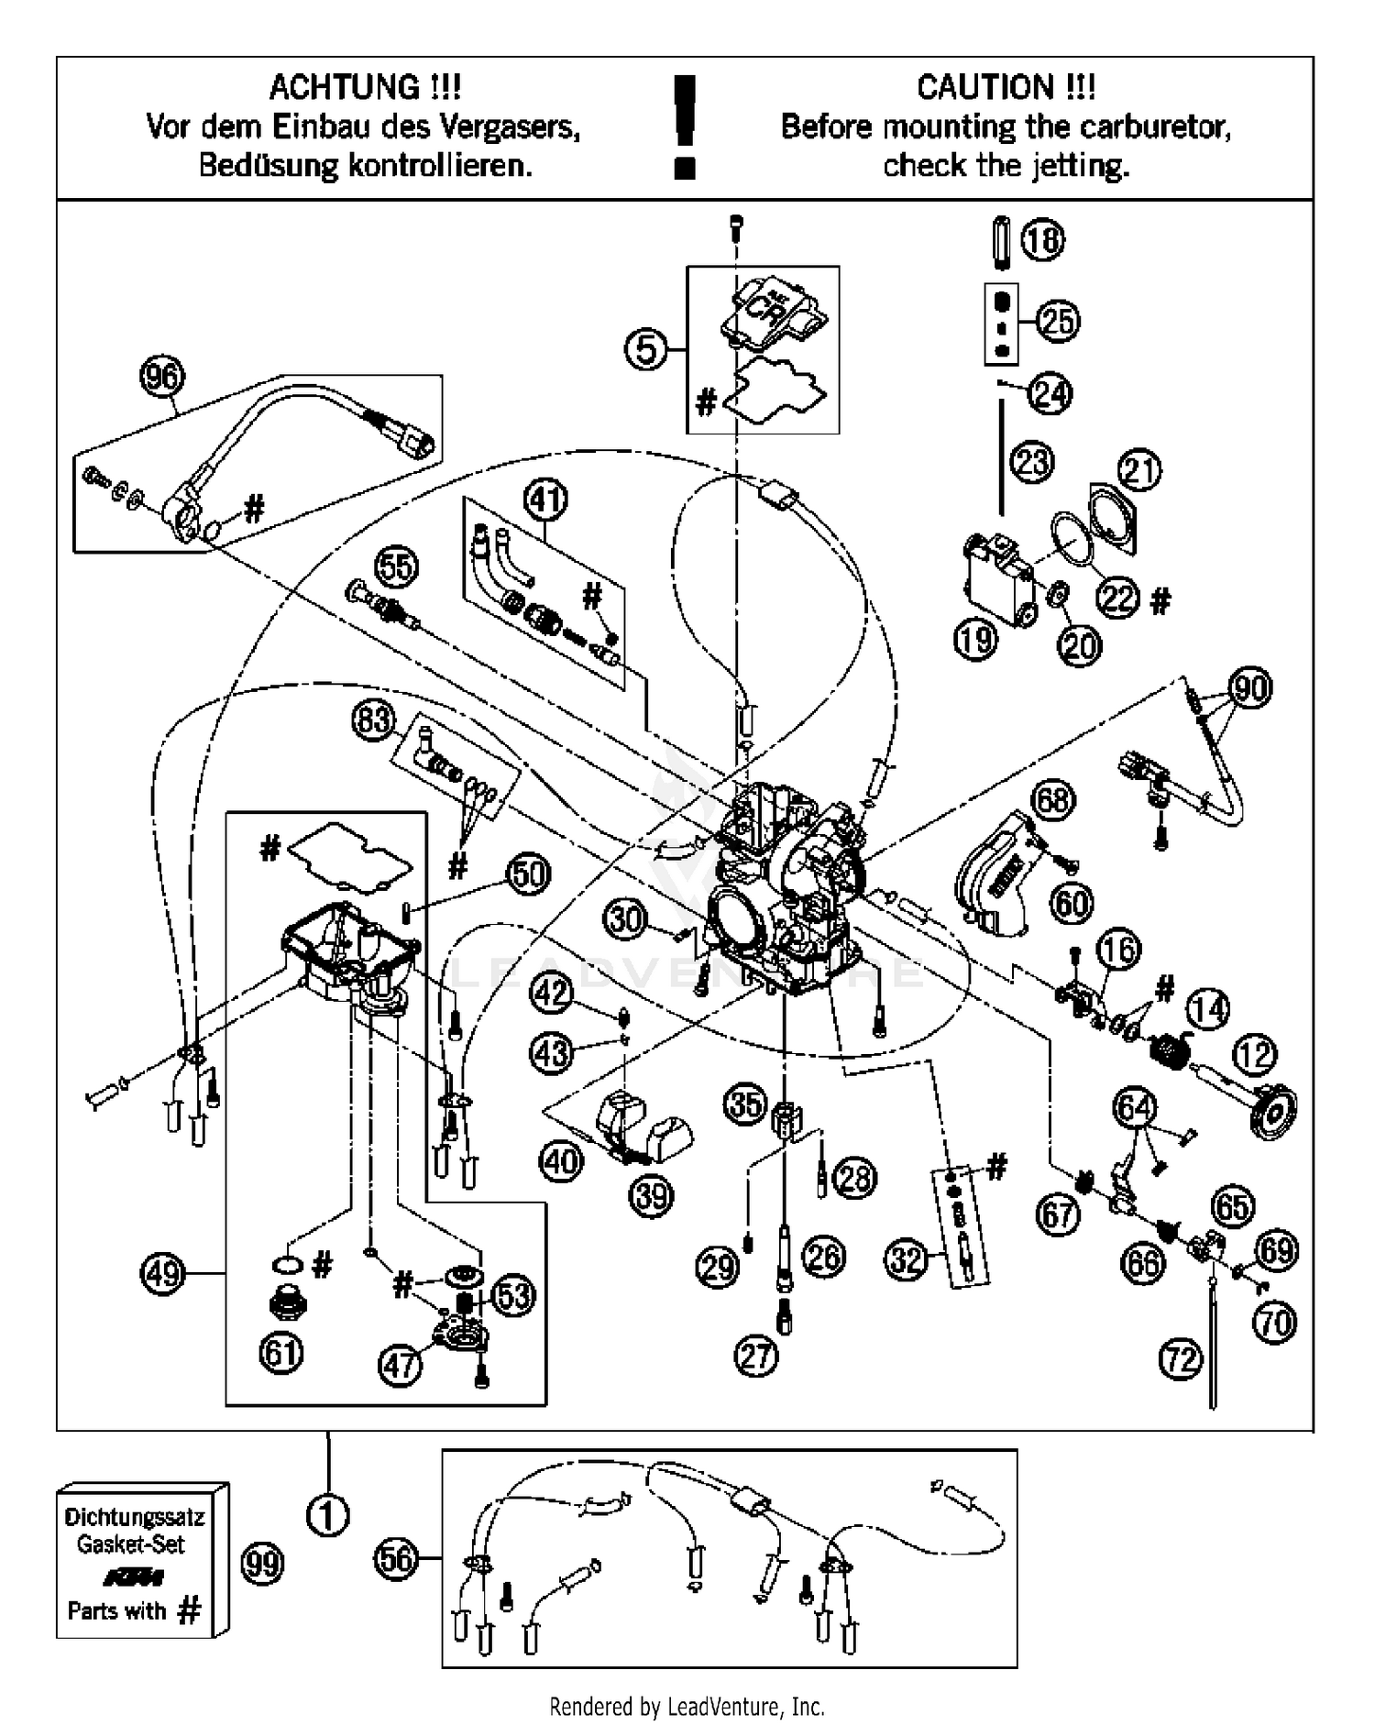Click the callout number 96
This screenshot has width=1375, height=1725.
(x=162, y=378)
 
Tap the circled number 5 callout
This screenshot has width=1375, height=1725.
(x=647, y=349)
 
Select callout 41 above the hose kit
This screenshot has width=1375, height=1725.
(x=545, y=500)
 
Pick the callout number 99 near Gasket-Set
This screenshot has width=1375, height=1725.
(x=263, y=1564)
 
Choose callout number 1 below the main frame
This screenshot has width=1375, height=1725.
(x=327, y=1516)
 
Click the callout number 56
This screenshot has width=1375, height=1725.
(x=397, y=1558)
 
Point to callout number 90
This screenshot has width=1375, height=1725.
(x=1251, y=687)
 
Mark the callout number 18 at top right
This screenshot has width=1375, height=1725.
(x=1042, y=240)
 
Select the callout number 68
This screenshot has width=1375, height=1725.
(x=1052, y=800)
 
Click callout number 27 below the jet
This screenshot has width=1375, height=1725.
(x=756, y=1357)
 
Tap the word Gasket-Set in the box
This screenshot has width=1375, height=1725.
(x=130, y=1544)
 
